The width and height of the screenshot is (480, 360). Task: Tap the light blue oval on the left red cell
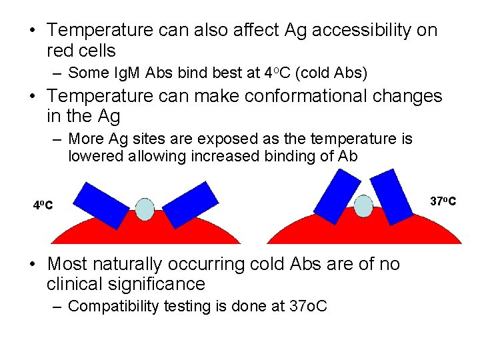[145, 209]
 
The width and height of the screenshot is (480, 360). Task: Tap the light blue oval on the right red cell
[363, 206]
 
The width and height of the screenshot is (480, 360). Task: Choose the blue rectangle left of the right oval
[337, 196]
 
